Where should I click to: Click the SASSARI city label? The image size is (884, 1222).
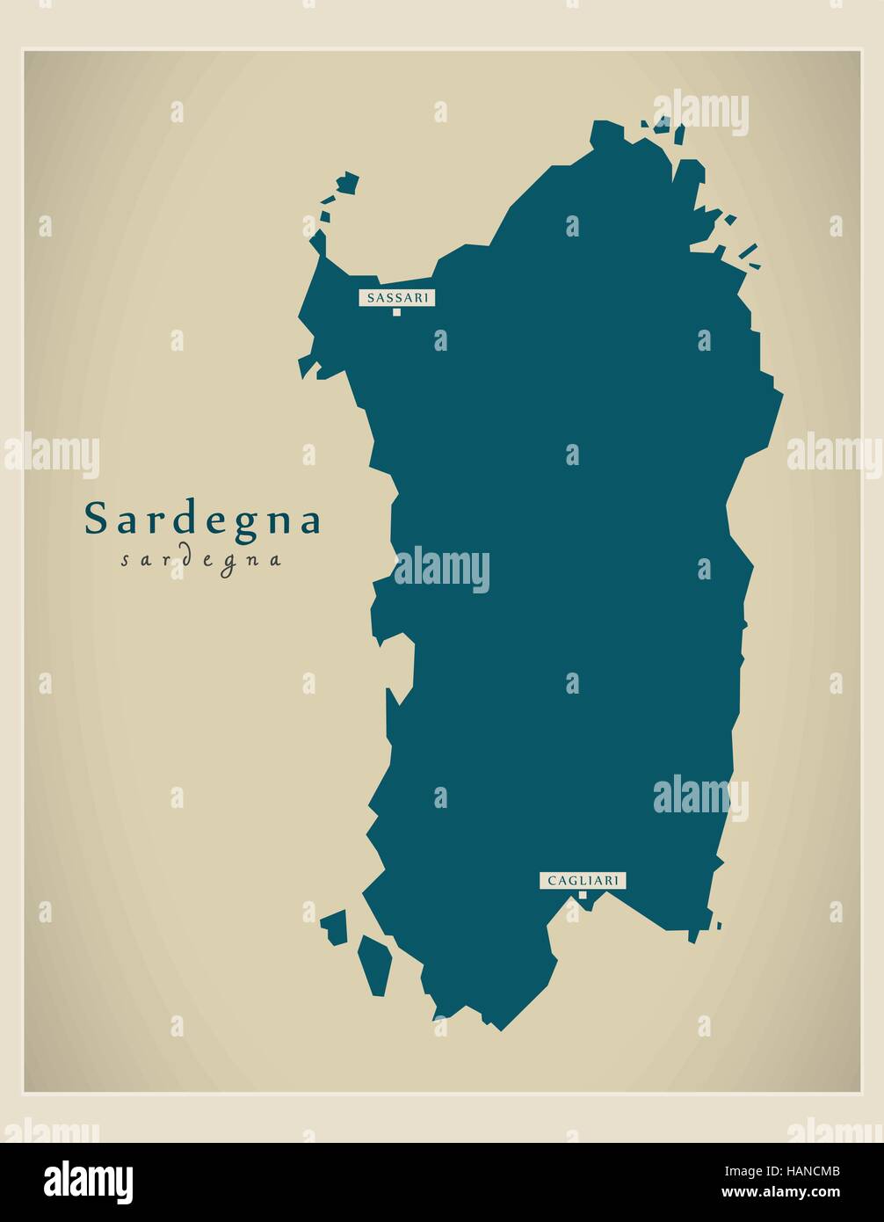(396, 298)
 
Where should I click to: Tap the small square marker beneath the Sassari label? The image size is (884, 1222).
(396, 312)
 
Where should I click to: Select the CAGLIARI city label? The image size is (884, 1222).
(583, 880)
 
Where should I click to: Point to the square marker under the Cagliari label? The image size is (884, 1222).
(582, 895)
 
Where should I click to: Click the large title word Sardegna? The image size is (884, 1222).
(203, 520)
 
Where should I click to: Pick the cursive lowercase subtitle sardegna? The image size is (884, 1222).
(201, 560)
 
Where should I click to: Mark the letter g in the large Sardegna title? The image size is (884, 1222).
(243, 524)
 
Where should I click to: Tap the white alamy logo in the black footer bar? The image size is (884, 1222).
(89, 1182)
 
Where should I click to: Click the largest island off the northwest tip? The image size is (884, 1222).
(348, 183)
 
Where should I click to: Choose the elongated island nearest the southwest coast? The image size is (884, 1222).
(376, 965)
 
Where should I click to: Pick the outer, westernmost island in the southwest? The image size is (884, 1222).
(335, 927)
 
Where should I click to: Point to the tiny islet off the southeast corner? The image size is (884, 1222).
(719, 925)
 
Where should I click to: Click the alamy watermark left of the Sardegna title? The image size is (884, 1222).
(51, 454)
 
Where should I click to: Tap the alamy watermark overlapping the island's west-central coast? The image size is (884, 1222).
(441, 571)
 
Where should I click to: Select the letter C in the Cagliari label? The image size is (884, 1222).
(552, 880)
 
